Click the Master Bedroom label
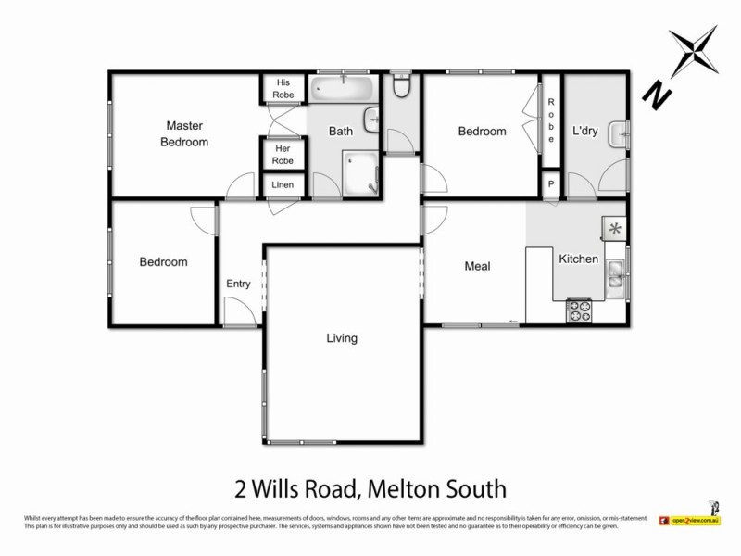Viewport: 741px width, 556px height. [x=184, y=133]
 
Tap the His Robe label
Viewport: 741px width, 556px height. [x=283, y=88]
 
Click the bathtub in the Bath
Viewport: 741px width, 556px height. [x=342, y=89]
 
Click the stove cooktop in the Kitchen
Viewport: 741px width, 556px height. [x=580, y=310]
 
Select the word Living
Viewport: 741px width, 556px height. [x=342, y=338]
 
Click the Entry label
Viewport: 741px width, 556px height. [x=239, y=284]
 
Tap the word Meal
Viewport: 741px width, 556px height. [x=477, y=267]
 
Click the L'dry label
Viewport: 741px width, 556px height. [x=584, y=132]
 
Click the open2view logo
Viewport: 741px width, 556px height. [x=691, y=521]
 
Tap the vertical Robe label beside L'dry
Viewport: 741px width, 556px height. [x=551, y=120]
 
